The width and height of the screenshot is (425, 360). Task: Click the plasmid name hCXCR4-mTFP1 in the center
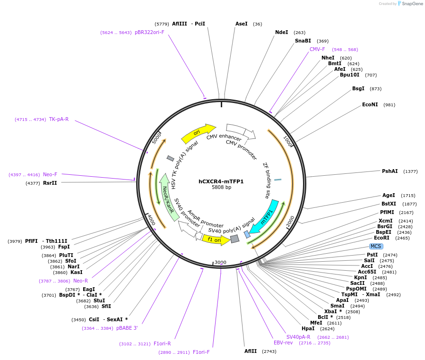click(x=221, y=181)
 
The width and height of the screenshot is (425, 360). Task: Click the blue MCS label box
click(x=376, y=246)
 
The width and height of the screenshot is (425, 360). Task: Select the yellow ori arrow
click(x=198, y=134)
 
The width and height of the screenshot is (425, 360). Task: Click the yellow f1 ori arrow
click(x=216, y=240)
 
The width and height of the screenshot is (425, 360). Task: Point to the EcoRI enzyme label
click(x=382, y=238)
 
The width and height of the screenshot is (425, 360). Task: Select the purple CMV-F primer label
click(x=317, y=49)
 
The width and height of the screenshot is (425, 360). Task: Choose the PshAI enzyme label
click(x=390, y=171)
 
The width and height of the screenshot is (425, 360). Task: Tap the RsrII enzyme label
click(x=50, y=183)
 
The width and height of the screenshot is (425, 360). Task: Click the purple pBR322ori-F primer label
click(x=149, y=33)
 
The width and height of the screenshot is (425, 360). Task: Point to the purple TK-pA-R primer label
click(x=59, y=119)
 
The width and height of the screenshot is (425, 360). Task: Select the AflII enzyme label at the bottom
click(x=251, y=351)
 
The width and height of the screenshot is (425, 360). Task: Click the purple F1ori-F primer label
click(x=201, y=352)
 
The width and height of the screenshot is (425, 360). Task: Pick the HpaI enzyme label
click(x=308, y=328)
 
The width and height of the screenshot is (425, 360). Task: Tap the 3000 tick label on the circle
click(x=220, y=262)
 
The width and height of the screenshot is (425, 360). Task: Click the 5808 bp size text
click(x=221, y=188)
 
